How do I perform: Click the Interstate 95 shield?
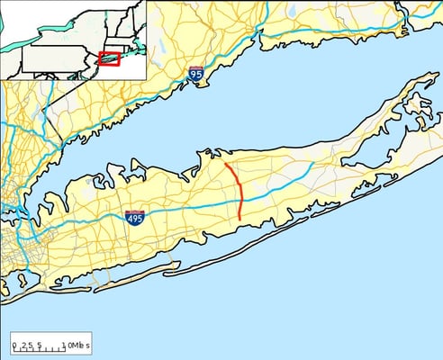point(195,74)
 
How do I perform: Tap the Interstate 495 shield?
point(134,217)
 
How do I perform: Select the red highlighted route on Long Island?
point(239,190)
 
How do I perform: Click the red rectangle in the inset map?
point(109,59)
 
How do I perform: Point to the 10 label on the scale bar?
point(65,346)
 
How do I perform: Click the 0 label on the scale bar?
point(14,346)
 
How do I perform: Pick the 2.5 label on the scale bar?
point(27,346)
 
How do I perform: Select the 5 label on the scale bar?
point(40,346)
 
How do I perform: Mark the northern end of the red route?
point(225,165)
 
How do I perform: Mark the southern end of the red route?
point(240,219)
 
